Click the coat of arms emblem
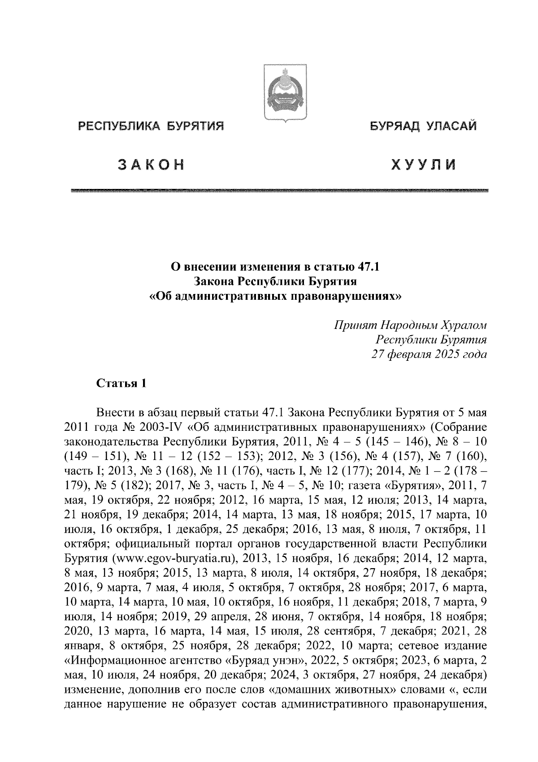(x=285, y=92)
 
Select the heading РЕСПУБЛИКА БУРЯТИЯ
(x=151, y=127)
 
